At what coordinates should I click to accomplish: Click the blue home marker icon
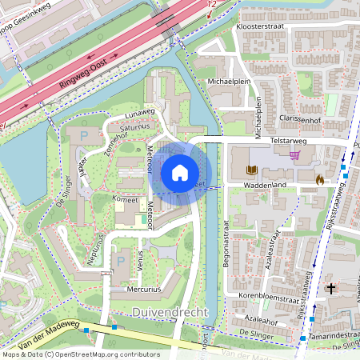point(180,172)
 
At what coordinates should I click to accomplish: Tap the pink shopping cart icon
point(296,155)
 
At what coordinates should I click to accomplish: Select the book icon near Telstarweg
point(252,170)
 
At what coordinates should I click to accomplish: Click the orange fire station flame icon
point(321,180)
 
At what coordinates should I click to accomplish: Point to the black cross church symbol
point(330,287)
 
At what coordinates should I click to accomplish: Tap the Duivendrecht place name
point(170,311)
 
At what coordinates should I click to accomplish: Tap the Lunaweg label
point(138,114)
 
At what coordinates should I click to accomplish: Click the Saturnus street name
point(135,126)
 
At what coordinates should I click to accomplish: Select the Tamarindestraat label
point(331,334)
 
